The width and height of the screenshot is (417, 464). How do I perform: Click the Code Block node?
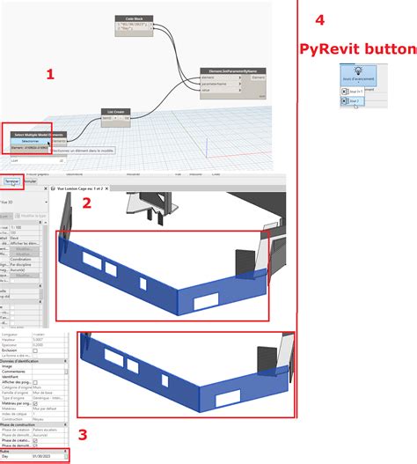click(x=134, y=17)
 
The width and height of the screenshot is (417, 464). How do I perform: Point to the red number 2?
click(x=86, y=203)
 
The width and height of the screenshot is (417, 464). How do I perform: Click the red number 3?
click(x=82, y=433)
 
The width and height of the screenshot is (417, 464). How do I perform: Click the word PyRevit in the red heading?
click(x=329, y=48)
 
